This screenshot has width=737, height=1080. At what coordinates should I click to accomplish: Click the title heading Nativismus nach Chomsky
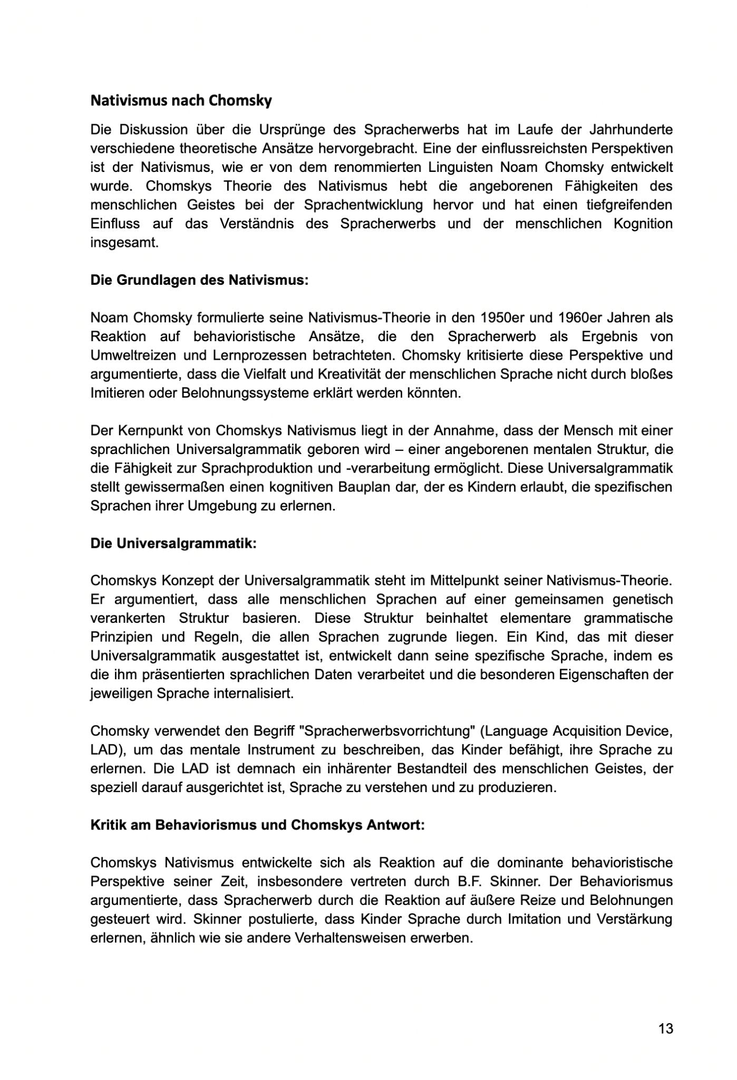click(x=181, y=101)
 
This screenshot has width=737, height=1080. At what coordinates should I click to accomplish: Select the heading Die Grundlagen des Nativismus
click(x=199, y=280)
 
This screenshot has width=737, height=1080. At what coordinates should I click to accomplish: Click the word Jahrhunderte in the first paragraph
click(x=632, y=130)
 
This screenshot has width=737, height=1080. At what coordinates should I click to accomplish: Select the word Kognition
click(x=643, y=224)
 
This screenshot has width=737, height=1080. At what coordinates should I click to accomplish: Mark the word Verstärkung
click(x=634, y=919)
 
